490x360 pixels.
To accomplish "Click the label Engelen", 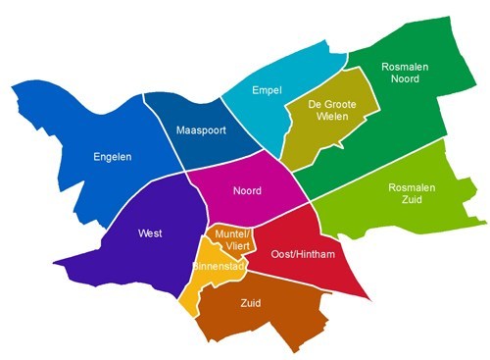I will pyautogui.click(x=112, y=156).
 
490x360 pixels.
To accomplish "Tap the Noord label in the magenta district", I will pyautogui.click(x=247, y=190).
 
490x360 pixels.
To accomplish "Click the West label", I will pyautogui.click(x=151, y=232).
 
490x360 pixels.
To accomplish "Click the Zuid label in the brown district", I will pyautogui.click(x=251, y=303).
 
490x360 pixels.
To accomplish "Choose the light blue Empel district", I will pyautogui.click(x=250, y=113).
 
